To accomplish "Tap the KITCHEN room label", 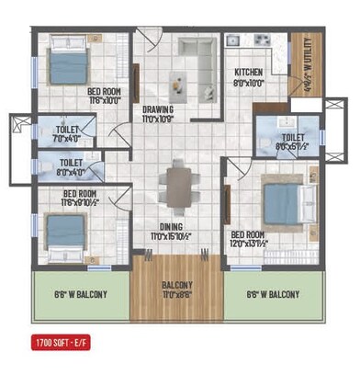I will tap(249, 73).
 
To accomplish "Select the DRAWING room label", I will tap(157, 109).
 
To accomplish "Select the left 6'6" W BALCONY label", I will tap(81, 294).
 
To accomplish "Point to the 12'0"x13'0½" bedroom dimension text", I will tap(249, 243).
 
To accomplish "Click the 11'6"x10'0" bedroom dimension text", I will tap(106, 100).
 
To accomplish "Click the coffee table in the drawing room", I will tap(174, 81).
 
